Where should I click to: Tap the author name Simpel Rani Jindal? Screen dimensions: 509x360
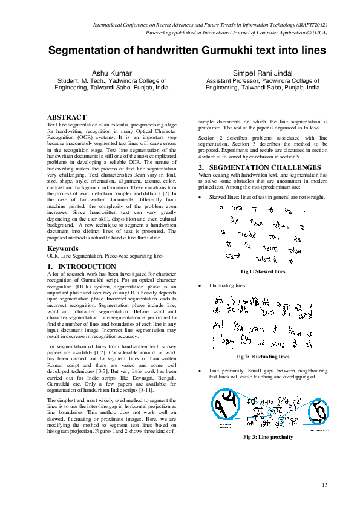coord(263,72)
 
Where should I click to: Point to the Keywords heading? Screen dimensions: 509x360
coord(64,248)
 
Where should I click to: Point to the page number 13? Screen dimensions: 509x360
coord(324,485)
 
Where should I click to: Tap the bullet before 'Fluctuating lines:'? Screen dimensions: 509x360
coord(200,285)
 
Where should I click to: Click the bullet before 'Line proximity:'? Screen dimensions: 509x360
coord(200,369)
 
